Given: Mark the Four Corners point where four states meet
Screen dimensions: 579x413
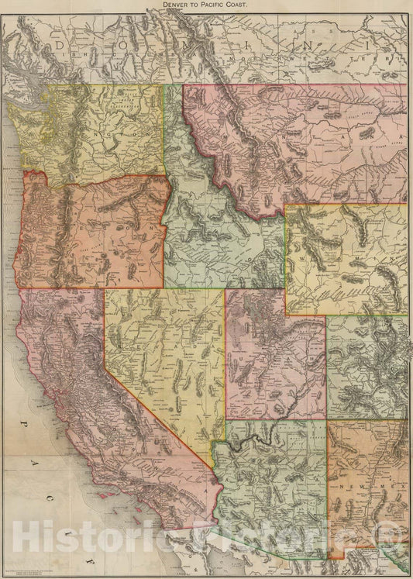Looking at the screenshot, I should tap(327, 420).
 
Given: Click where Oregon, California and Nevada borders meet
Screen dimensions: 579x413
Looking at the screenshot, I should tap(105, 289).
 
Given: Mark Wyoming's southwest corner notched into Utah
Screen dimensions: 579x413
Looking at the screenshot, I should tap(285, 315).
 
